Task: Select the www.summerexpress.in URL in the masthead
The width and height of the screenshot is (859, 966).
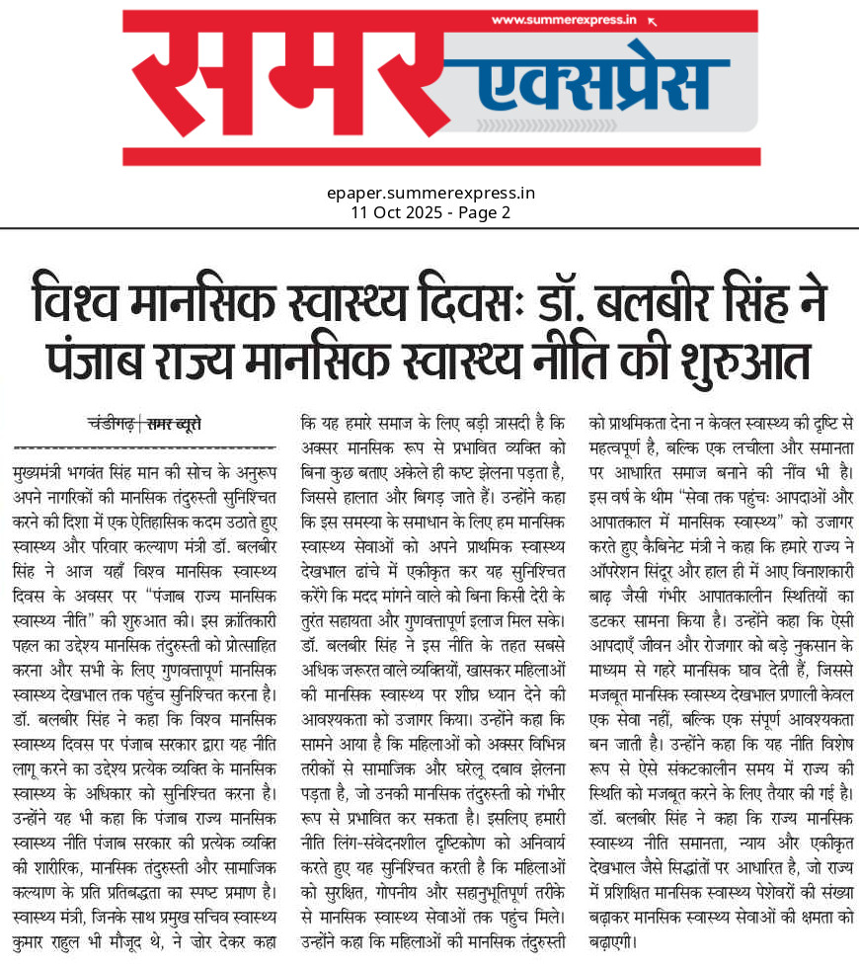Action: [562, 20]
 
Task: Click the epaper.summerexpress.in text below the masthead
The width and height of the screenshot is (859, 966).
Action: [430, 193]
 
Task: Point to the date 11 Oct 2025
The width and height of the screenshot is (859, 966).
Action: [396, 212]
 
